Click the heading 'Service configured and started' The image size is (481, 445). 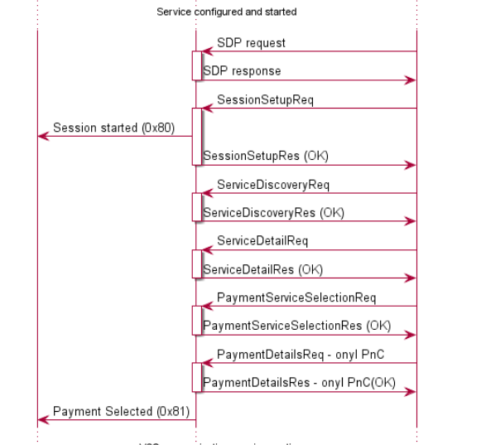tap(226, 12)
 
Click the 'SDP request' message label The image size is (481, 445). tap(251, 42)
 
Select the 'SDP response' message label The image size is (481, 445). tap(242, 71)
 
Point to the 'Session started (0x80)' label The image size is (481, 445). tap(113, 128)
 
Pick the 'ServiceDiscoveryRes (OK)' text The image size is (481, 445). tap(273, 212)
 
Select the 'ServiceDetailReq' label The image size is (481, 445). tap(262, 241)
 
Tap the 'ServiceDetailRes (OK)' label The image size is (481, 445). tap(263, 269)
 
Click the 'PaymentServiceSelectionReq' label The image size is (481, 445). tap(296, 297)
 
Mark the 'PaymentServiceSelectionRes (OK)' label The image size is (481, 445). tap(296, 326)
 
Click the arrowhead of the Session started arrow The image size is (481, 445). tap(42, 137)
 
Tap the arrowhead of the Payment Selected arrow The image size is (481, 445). tap(42, 420)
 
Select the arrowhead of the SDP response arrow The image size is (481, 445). tap(411, 80)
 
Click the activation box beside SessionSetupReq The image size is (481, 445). tap(197, 136)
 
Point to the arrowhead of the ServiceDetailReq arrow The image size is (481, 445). tap(207, 250)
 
